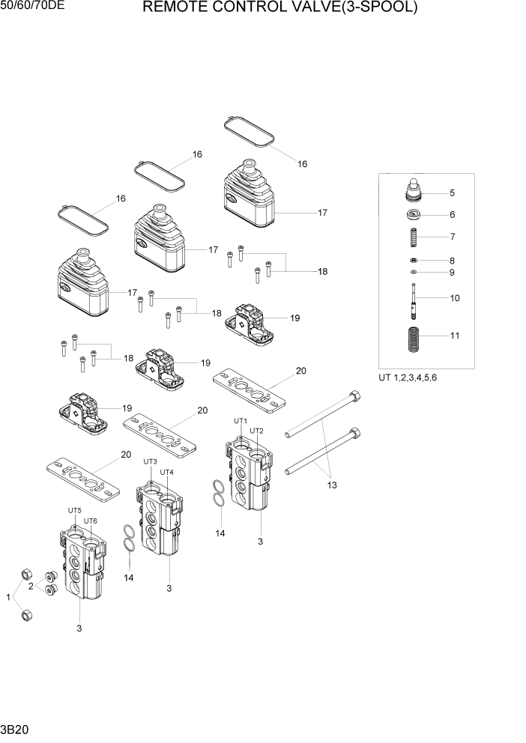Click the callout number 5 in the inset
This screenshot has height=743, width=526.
pyautogui.click(x=453, y=193)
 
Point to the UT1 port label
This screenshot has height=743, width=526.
pyautogui.click(x=240, y=421)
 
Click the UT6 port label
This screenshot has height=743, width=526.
pyautogui.click(x=91, y=521)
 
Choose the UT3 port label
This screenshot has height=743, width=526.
pyautogui.click(x=150, y=461)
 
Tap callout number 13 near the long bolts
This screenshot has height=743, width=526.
pyautogui.click(x=331, y=485)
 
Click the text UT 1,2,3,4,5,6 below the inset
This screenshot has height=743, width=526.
pyautogui.click(x=408, y=377)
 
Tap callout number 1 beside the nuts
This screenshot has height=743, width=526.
pyautogui.click(x=9, y=597)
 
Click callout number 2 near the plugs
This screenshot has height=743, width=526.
pyautogui.click(x=31, y=587)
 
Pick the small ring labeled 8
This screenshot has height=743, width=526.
pyautogui.click(x=414, y=261)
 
